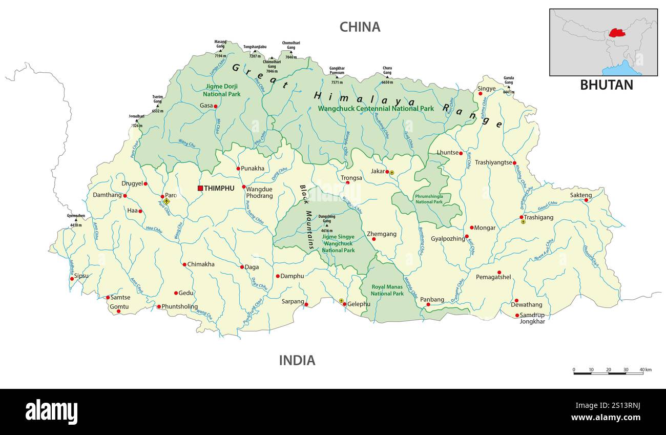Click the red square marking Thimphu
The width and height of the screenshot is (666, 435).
200,188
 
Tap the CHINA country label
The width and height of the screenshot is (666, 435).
360,27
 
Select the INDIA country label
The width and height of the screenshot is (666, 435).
297,360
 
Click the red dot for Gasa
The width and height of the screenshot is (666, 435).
216,106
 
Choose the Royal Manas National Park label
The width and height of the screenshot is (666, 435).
387,290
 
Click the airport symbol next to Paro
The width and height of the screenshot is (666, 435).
167,201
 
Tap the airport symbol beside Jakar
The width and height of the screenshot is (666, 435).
392,173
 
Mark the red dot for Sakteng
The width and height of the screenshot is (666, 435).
587,200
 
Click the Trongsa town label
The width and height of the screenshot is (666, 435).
351,178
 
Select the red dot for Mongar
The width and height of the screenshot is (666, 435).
471,227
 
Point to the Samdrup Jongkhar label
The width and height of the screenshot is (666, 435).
532,318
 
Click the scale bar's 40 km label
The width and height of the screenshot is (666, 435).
646,369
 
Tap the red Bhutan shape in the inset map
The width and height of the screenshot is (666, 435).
617,33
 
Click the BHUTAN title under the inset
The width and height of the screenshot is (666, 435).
606,85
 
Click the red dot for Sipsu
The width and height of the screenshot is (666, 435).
72,279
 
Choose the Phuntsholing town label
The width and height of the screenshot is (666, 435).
180,306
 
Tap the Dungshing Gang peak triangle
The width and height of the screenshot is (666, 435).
326,225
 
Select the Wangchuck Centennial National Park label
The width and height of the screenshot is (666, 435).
376,109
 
